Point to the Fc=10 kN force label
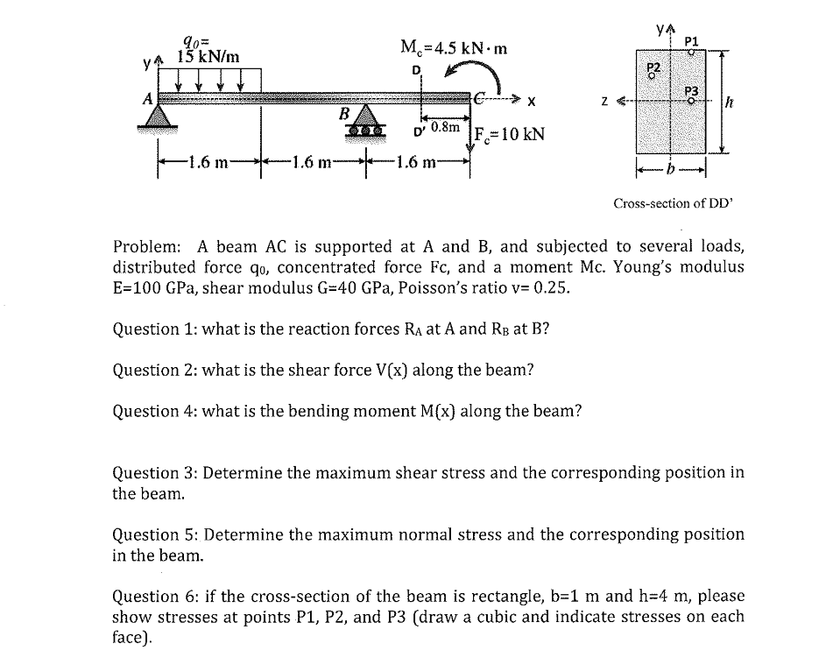[x=510, y=135]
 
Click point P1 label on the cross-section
[x=691, y=41]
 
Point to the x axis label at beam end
[x=531, y=102]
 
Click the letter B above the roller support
[x=345, y=112]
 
